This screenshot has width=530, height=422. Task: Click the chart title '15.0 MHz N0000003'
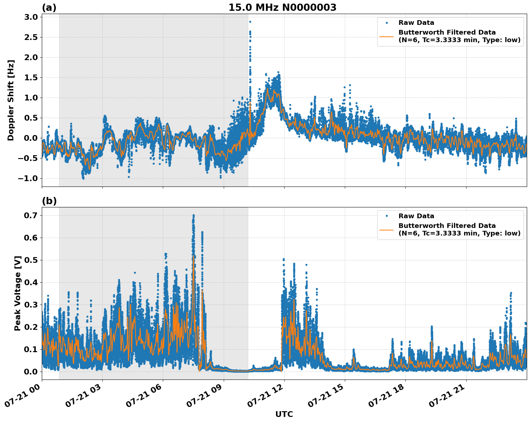tap(282, 8)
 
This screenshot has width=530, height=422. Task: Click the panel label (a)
tap(49, 8)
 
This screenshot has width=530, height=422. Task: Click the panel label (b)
tap(49, 201)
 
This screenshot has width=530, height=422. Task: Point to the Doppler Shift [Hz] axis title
tap(11, 100)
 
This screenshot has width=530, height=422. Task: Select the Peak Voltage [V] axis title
tap(18, 293)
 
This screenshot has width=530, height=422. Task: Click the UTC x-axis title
tap(284, 414)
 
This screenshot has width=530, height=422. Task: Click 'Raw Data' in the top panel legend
tap(416, 23)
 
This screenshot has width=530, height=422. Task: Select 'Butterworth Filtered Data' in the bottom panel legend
tap(447, 226)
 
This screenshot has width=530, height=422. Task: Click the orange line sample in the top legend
tap(386, 36)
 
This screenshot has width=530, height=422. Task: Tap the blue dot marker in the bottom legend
tap(386, 216)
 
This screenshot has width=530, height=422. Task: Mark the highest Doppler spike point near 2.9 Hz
tap(250, 22)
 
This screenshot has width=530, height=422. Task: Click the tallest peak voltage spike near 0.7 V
tap(193, 215)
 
